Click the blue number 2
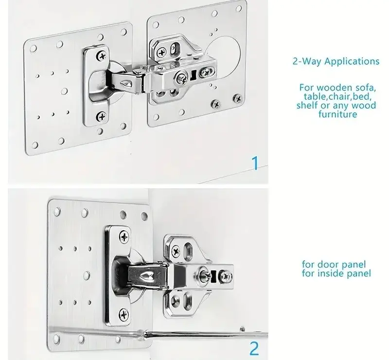click(254, 349)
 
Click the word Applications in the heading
click(352, 61)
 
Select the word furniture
click(338, 114)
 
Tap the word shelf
click(307, 105)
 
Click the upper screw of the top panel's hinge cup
click(102, 56)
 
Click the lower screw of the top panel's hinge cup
click(102, 116)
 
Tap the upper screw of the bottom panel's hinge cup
click(124, 237)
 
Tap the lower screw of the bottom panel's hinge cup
click(124, 315)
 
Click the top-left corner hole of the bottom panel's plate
click(57, 211)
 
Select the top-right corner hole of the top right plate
click(239, 9)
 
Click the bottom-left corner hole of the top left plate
click(35, 145)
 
